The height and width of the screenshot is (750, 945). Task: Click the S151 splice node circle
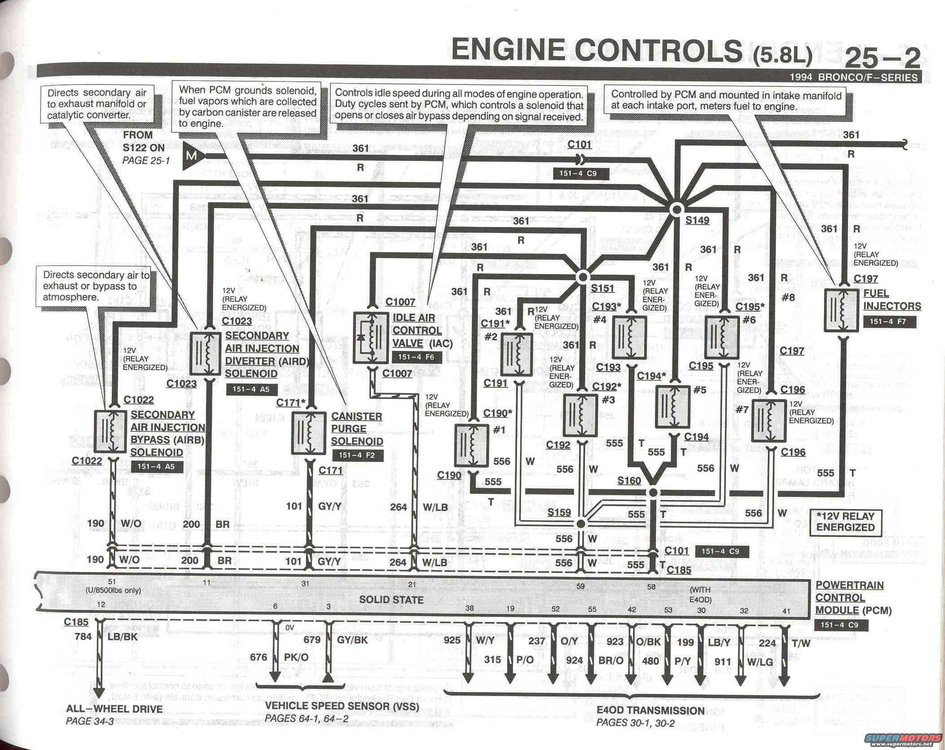click(x=583, y=276)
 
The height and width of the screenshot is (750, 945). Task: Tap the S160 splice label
click(x=629, y=481)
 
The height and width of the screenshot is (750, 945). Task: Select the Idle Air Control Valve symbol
click(x=371, y=337)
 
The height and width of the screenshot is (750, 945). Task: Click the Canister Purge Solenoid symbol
click(x=309, y=433)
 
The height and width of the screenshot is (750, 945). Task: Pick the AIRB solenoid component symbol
click(x=110, y=431)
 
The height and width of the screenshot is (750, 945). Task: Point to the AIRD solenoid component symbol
click(x=205, y=354)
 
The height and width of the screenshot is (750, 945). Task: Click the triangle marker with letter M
click(x=192, y=156)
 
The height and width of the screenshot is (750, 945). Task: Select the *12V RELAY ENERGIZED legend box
click(x=845, y=522)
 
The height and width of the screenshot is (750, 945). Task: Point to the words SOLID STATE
click(x=391, y=599)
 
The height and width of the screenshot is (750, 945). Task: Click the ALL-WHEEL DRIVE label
click(x=114, y=709)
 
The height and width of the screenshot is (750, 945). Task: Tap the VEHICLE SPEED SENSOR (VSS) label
click(x=342, y=706)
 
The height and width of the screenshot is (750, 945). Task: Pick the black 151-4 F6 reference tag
click(x=416, y=357)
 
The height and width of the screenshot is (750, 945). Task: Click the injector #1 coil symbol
click(x=471, y=445)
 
